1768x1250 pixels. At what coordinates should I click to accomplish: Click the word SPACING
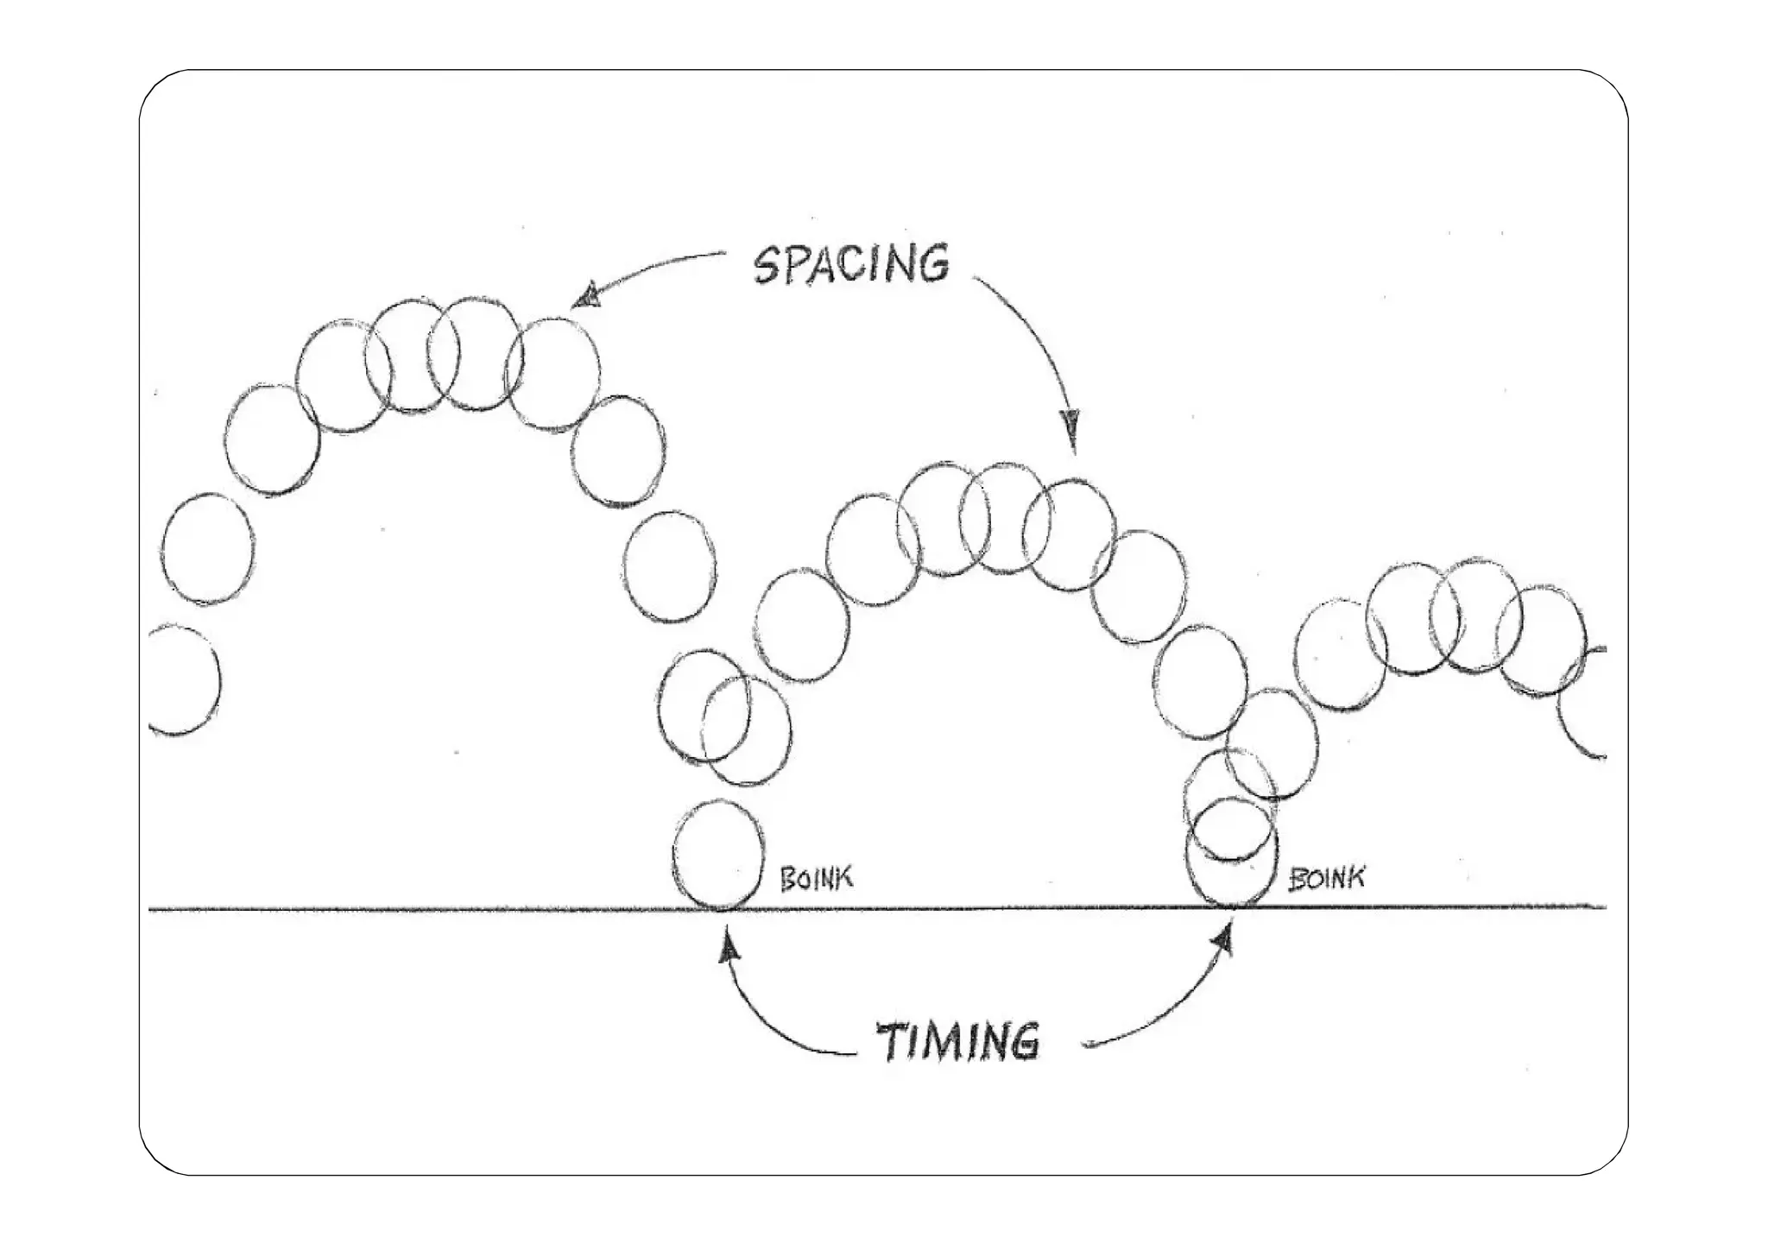[x=851, y=263]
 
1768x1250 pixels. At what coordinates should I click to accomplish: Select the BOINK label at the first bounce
[x=816, y=878]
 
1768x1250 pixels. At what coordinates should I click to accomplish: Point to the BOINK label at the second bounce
[x=1326, y=879]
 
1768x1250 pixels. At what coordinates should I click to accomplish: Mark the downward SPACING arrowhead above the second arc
[x=1073, y=425]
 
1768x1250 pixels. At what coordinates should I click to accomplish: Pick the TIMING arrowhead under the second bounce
[x=1224, y=941]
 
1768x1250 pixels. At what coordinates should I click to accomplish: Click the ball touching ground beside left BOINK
[x=718, y=855]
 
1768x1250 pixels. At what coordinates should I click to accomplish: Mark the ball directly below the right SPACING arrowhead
[x=1069, y=533]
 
